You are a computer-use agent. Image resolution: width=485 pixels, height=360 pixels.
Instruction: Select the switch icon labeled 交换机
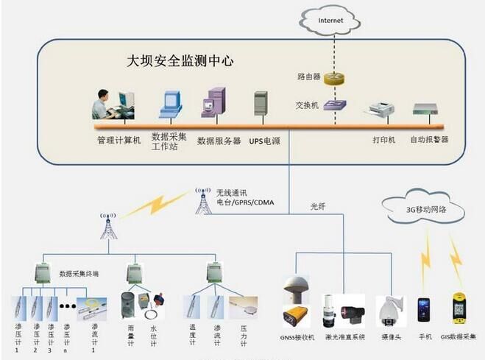click(338, 105)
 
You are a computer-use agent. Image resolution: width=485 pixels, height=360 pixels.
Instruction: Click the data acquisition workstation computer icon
click(171, 104)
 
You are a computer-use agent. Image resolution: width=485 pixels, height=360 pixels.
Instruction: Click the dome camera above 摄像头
click(389, 309)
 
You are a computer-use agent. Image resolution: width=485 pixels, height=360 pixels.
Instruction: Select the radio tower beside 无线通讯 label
click(202, 199)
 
